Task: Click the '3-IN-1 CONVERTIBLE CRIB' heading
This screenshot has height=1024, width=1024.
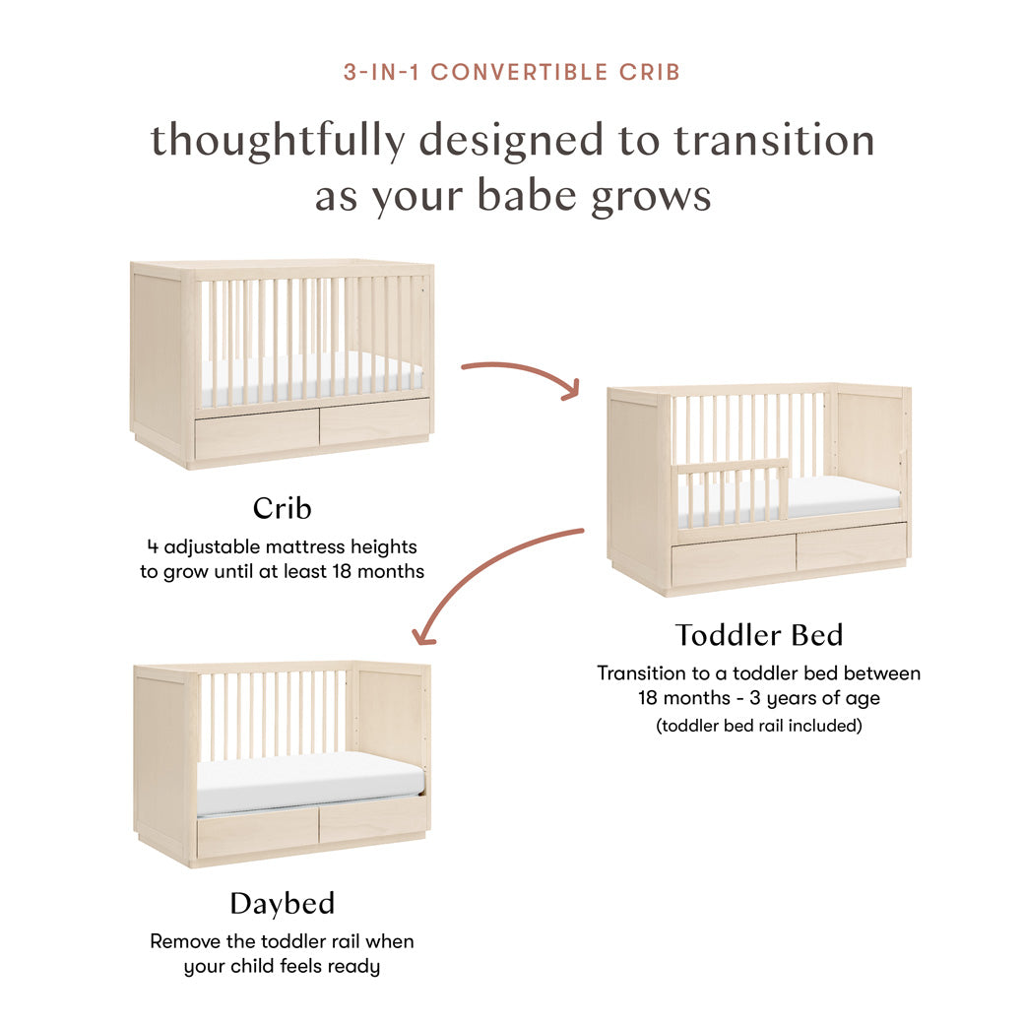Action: point(512,72)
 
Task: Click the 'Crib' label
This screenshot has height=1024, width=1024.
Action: point(282,508)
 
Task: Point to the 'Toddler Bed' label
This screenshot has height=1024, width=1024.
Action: point(759,635)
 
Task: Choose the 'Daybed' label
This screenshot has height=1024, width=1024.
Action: point(282,903)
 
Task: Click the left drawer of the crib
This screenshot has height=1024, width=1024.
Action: point(256,434)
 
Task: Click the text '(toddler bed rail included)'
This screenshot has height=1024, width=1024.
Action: point(759,726)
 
